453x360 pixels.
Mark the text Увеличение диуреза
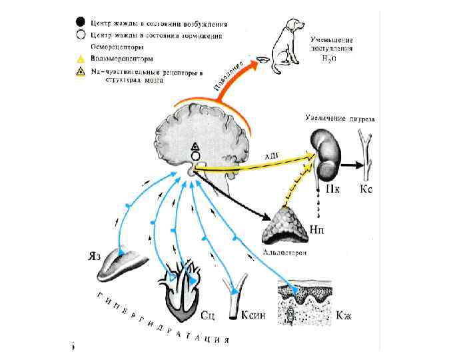[340, 119]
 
